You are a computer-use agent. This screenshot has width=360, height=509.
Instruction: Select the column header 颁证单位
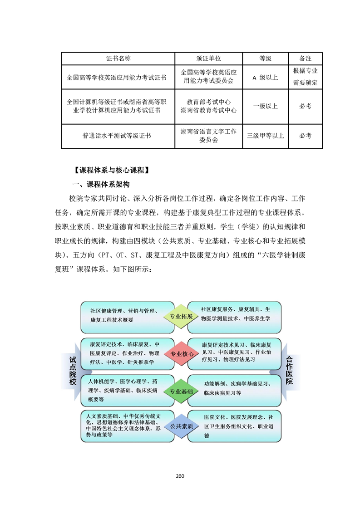pos(208,59)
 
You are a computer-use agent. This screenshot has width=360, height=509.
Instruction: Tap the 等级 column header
pos(265,59)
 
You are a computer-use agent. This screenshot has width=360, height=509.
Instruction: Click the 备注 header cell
pos(306,59)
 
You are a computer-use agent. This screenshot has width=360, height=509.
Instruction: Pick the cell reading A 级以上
pos(265,78)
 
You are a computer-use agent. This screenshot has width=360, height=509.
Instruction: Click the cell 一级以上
pos(265,106)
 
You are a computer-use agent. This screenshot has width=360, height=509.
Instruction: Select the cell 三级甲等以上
pos(265,135)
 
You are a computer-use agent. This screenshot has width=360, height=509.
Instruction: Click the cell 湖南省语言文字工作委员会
pos(208,135)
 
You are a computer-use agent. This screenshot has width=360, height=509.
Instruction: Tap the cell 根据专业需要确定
pos(306,77)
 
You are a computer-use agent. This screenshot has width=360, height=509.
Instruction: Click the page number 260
pos(180,476)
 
